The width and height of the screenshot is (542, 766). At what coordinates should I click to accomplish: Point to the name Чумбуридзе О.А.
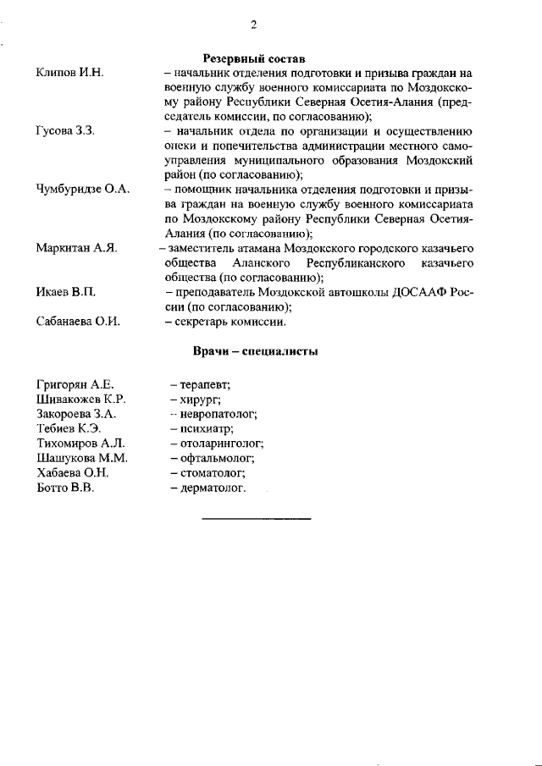(83, 190)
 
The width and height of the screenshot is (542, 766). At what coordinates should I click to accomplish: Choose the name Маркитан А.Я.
(76, 248)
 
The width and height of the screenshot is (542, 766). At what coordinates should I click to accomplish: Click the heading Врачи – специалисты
(254, 351)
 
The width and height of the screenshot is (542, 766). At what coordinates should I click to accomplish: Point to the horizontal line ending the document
(257, 517)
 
